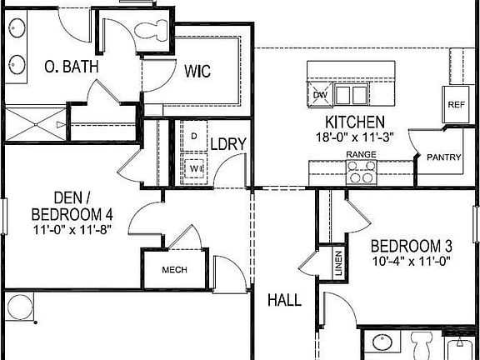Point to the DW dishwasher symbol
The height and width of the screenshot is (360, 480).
(x=319, y=94)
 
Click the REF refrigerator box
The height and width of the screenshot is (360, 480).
(x=455, y=105)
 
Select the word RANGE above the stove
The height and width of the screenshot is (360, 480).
(x=361, y=155)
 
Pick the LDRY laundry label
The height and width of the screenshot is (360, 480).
(x=227, y=144)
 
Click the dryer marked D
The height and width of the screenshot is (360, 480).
(x=193, y=136)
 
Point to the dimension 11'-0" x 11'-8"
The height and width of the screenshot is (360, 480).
(x=72, y=229)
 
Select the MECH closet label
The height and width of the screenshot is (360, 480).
(x=173, y=271)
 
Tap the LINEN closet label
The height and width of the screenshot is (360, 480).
(x=338, y=264)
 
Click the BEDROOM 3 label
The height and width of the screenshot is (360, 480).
(x=411, y=246)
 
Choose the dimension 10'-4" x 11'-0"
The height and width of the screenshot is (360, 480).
(x=411, y=261)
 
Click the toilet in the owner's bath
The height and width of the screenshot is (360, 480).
(x=148, y=32)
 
